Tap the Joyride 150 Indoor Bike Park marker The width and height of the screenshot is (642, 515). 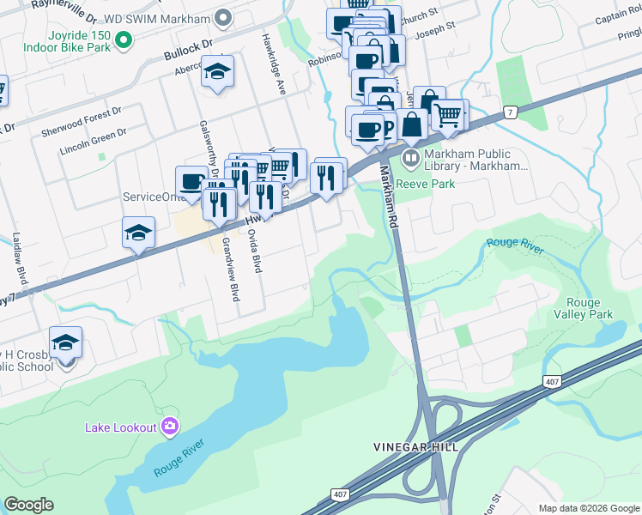[124, 39]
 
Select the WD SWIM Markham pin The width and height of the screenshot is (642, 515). [223, 17]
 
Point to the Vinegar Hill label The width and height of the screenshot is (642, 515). [415, 447]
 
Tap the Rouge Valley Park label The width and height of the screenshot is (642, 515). [590, 308]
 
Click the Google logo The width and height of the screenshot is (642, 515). [28, 505]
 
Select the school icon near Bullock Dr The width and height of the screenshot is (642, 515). [217, 72]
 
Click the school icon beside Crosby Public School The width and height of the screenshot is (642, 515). [65, 342]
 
